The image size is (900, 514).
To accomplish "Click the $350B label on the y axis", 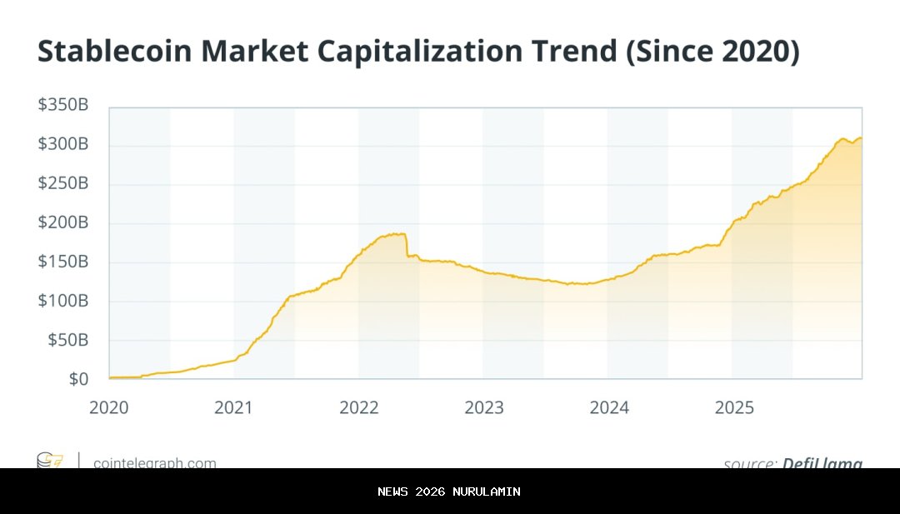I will pyautogui.click(x=62, y=106).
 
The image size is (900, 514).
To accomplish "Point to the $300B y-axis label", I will pyautogui.click(x=62, y=145).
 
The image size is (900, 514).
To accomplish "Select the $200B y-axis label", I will pyautogui.click(x=62, y=223).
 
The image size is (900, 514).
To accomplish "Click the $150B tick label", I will pyautogui.click(x=62, y=262).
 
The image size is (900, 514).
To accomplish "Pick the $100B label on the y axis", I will pyautogui.click(x=62, y=301).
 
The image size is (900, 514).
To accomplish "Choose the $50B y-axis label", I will pyautogui.click(x=67, y=340).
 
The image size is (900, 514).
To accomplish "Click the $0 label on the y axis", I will pyautogui.click(x=77, y=379).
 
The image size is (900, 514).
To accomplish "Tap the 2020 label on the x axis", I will pyautogui.click(x=108, y=407).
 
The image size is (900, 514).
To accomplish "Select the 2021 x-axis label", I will pyautogui.click(x=233, y=407).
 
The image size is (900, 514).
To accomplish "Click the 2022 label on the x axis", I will pyautogui.click(x=359, y=407).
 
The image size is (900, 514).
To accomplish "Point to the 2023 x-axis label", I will pyautogui.click(x=484, y=407).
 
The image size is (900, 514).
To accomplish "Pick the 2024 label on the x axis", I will pyautogui.click(x=609, y=407).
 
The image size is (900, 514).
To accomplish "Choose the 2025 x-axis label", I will pyautogui.click(x=734, y=407).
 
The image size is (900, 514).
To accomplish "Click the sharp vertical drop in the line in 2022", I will pyautogui.click(x=407, y=245).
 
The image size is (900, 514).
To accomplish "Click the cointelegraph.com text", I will pyautogui.click(x=155, y=463).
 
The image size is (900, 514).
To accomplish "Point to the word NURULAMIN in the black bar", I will pyautogui.click(x=487, y=492).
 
